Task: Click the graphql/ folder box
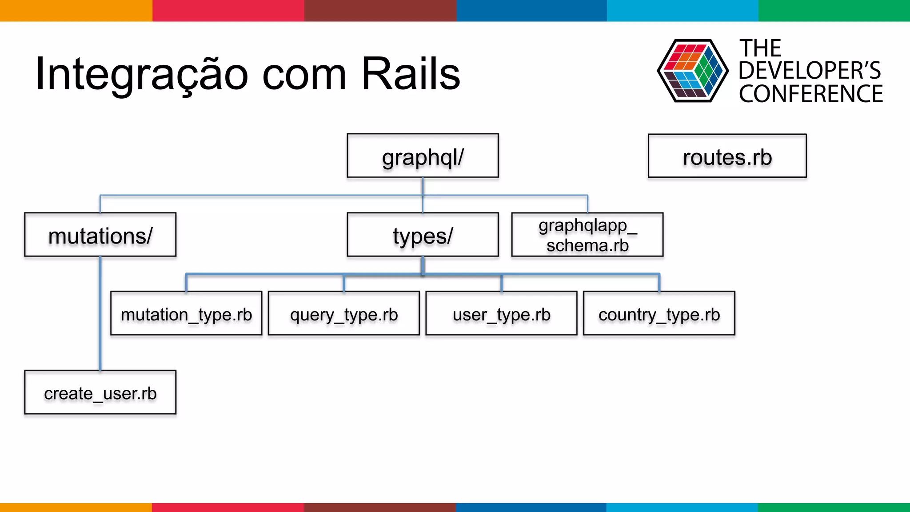tap(423, 156)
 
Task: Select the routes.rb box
tap(727, 156)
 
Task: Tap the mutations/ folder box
tap(100, 235)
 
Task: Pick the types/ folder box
tap(423, 235)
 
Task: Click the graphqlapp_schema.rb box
tap(587, 235)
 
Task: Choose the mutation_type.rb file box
tap(186, 313)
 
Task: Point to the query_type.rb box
tap(343, 313)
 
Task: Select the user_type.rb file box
tap(501, 313)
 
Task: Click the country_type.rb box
tap(659, 313)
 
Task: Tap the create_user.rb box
tap(100, 392)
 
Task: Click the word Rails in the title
tap(411, 74)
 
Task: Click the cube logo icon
tap(692, 71)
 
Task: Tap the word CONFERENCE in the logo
tap(810, 94)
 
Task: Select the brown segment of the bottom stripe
tap(379, 507)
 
